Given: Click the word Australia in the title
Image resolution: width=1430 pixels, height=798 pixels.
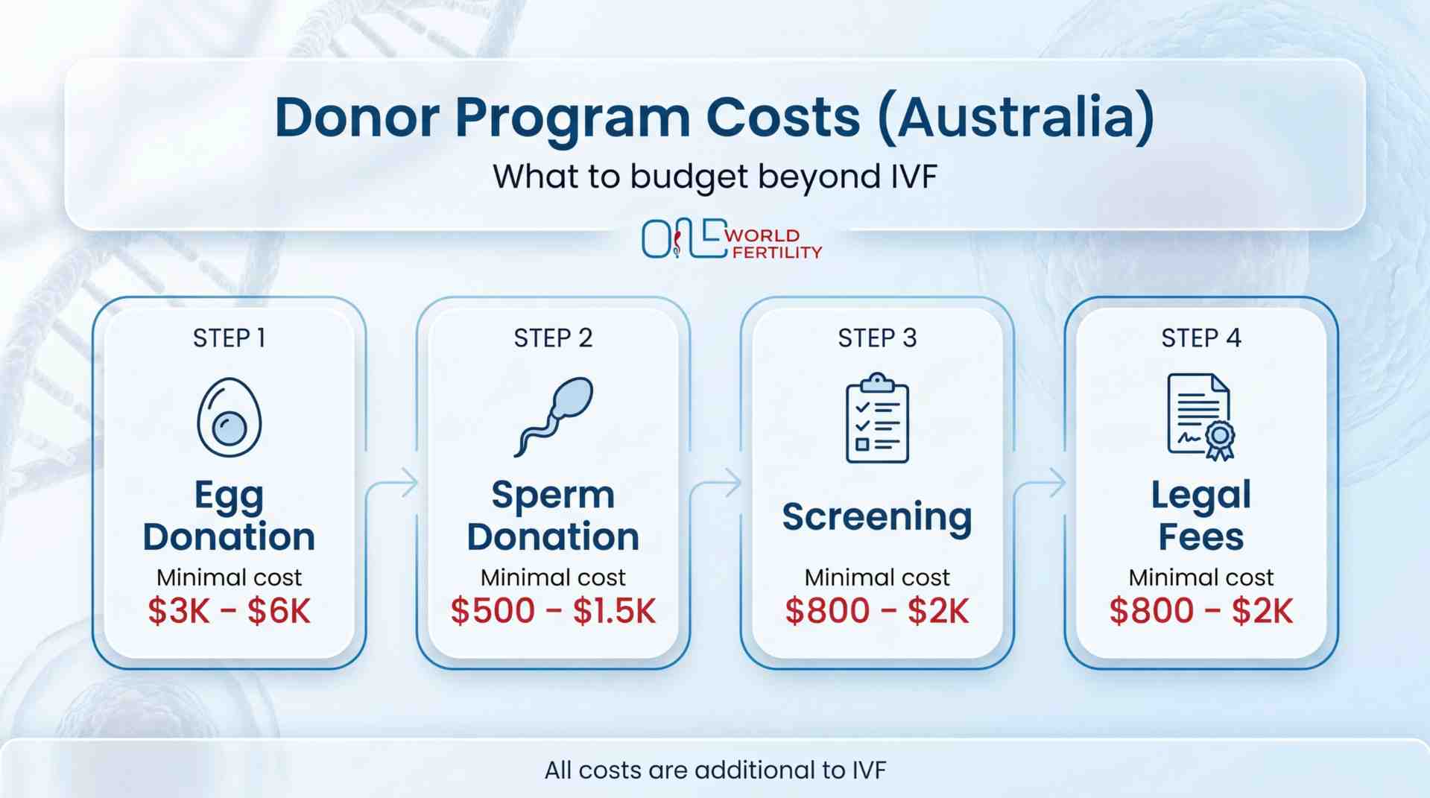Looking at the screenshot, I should tap(1017, 118).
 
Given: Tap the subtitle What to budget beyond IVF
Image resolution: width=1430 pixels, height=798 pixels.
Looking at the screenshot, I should tap(715, 177).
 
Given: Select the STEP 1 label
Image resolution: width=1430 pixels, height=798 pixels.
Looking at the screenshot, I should tap(229, 338).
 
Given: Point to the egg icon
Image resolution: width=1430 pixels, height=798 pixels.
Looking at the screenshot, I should tap(229, 417).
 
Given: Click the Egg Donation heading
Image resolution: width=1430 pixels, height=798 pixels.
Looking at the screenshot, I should tap(229, 516).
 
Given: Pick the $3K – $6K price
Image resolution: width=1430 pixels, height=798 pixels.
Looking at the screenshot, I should tap(229, 611).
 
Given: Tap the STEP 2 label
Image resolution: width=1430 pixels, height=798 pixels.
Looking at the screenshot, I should tap(553, 338).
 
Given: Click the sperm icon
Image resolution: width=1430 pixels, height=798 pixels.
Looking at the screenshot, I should tap(554, 416).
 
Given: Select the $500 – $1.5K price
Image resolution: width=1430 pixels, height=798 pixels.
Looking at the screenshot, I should tap(553, 611).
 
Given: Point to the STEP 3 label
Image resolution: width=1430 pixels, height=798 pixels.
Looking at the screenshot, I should tap(877, 338).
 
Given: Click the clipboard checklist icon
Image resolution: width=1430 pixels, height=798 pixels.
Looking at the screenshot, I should tap(877, 418).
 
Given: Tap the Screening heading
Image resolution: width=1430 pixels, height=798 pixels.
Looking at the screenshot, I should tap(877, 517).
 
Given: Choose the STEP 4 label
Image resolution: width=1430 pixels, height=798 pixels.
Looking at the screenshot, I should tap(1201, 338).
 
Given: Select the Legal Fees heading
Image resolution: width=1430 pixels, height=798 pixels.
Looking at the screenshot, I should tap(1201, 516).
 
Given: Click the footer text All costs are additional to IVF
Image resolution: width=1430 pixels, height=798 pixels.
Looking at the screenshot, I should tap(715, 770).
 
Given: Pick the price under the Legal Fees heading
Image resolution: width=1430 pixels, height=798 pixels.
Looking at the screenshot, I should tap(1201, 611).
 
